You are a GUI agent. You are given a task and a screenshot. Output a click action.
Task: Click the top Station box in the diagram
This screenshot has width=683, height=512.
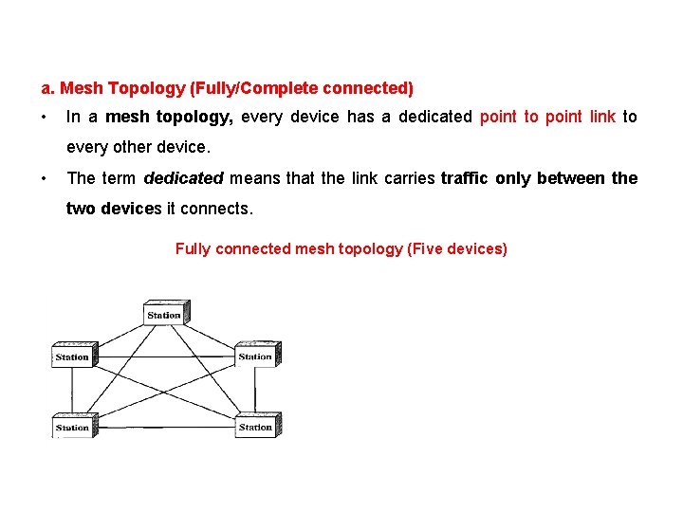pos(164,313)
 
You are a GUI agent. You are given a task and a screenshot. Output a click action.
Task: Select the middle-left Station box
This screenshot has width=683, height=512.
pos(72,356)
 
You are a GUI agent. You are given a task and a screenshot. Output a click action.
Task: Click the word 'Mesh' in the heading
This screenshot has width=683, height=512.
pos(83,89)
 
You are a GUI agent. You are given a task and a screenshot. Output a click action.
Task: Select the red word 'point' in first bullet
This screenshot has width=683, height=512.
pos(498,117)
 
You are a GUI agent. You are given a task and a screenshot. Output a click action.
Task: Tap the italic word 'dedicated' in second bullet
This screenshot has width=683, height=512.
pos(183,178)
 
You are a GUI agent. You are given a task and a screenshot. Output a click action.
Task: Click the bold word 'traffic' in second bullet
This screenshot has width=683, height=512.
pos(464,178)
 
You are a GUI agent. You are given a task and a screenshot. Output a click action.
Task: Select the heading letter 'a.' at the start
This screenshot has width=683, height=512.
pos(48,89)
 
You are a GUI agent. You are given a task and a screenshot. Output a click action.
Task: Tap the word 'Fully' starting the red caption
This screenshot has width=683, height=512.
pos(194,248)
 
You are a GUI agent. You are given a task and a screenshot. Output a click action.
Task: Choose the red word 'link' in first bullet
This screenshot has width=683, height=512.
pos(602,117)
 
